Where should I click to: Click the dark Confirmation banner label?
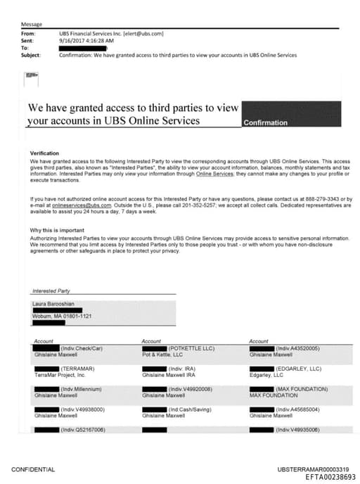click(265, 122)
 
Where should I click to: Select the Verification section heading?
click(44, 153)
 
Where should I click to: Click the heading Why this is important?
click(57, 231)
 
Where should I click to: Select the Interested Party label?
click(51, 291)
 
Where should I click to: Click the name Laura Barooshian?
click(53, 304)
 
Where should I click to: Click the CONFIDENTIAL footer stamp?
click(33, 469)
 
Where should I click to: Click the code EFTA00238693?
click(330, 476)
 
